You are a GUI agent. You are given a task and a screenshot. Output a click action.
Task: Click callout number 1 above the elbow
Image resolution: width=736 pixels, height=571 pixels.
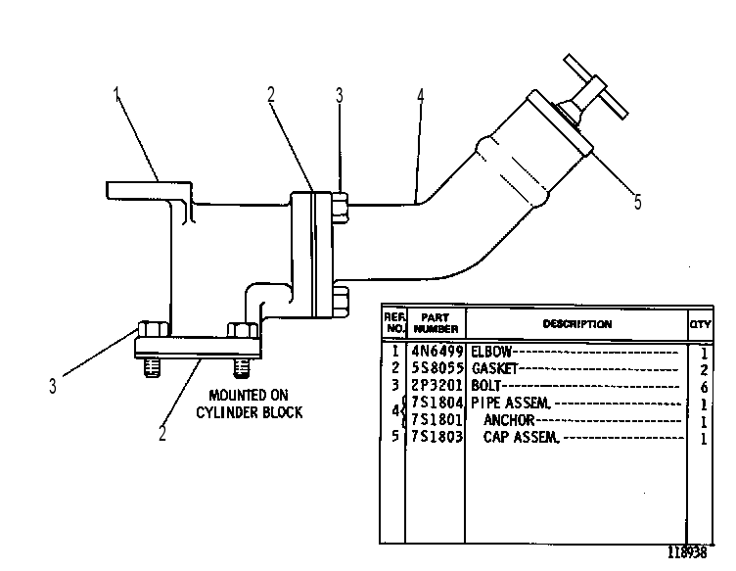pos(116,95)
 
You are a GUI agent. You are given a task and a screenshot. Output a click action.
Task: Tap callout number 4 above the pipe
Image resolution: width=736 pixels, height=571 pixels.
pos(420,96)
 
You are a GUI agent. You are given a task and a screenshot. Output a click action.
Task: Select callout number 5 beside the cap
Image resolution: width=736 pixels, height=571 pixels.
pos(637,202)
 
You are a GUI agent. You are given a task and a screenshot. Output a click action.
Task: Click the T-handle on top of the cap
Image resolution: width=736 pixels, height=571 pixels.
pos(595,86)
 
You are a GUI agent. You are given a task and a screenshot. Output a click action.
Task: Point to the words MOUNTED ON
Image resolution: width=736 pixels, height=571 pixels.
pos(249,395)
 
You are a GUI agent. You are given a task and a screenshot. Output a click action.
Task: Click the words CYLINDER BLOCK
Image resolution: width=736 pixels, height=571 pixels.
pos(250,412)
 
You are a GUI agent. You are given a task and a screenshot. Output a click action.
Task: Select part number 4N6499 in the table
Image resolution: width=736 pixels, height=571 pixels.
pos(437,352)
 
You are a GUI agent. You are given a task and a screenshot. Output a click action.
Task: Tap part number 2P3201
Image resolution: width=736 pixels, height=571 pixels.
pos(437,386)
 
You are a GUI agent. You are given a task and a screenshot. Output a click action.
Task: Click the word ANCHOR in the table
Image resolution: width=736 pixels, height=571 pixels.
pos(509,420)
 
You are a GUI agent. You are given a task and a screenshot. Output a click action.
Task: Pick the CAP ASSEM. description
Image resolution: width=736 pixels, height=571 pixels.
pos(522,437)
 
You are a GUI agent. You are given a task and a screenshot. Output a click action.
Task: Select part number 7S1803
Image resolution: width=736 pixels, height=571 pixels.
pos(437,437)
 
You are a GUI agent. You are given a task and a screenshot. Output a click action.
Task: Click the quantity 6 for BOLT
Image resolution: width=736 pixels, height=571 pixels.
pos(704,388)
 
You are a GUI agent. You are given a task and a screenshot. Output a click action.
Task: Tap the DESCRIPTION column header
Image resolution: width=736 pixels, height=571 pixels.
pos(577,324)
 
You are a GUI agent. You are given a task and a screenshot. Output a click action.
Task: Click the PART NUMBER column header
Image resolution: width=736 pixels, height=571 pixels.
pos(437,323)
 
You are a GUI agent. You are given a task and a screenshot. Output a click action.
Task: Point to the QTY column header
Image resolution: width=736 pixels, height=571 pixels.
pos(701,324)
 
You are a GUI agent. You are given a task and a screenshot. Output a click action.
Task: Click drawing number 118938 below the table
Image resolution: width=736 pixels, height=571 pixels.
pos(687,552)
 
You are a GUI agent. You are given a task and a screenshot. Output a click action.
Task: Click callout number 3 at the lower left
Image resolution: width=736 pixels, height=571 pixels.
pos(53,386)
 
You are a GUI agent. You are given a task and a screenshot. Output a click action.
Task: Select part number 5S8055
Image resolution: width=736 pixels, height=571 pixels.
pos(437,368)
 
